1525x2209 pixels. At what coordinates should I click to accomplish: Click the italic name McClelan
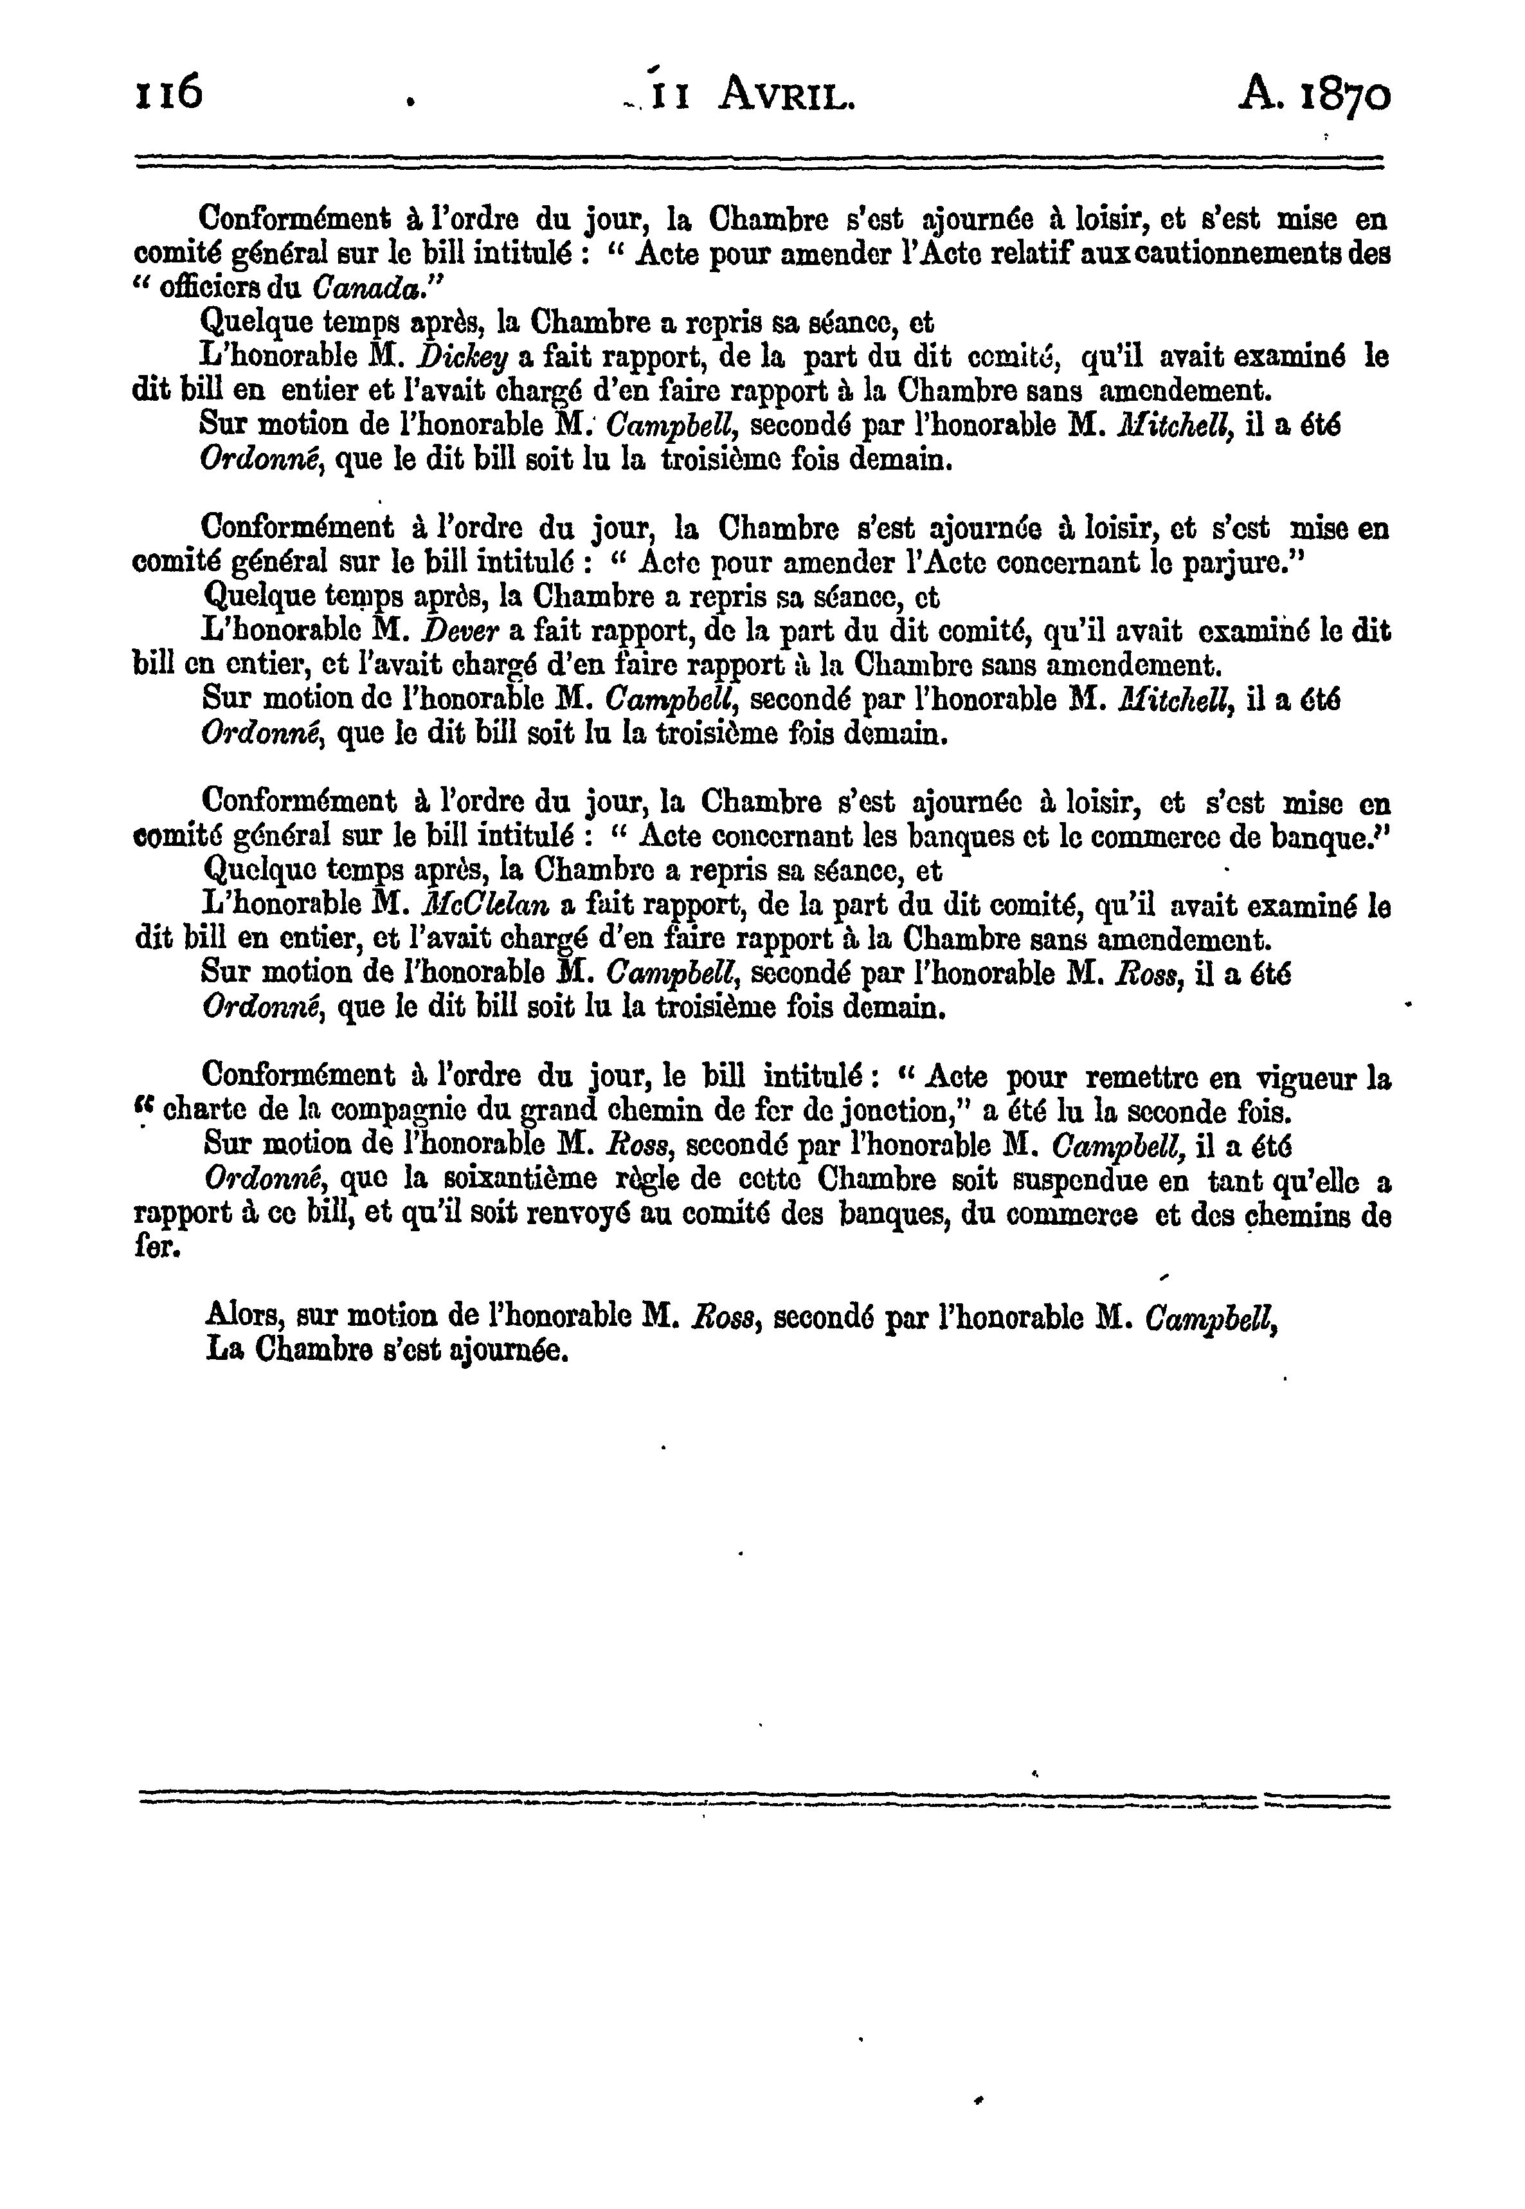coord(489,905)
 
